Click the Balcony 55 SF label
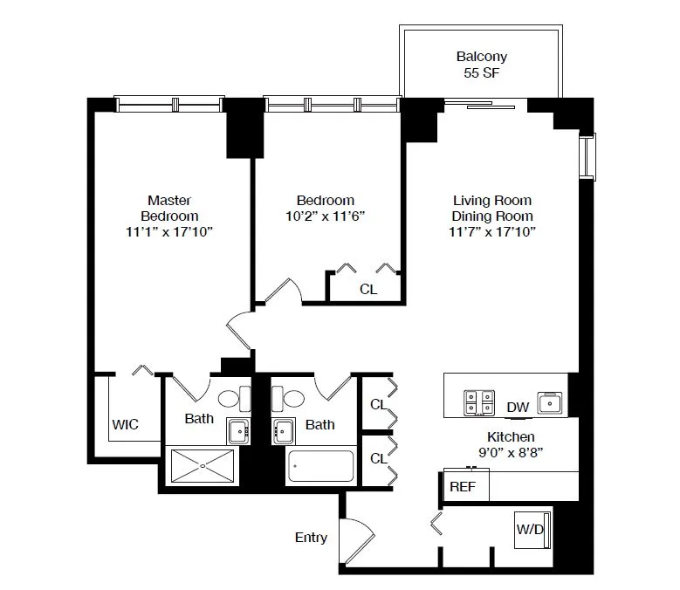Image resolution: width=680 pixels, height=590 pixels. coord(481,65)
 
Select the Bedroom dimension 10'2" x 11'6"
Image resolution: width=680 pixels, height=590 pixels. coord(325,216)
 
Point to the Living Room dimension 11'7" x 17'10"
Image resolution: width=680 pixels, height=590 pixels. coord(491,232)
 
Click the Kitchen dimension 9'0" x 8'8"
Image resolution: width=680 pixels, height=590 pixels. coord(511,453)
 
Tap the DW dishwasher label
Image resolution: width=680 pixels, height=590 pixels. coord(518,407)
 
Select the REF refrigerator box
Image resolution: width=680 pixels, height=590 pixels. coord(463,486)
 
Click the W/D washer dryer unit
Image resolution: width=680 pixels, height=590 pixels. coord(532,529)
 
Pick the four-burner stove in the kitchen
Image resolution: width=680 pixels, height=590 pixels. coord(477,401)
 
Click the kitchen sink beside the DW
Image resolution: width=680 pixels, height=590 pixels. coord(551,402)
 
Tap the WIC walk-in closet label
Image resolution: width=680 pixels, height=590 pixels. coord(125,424)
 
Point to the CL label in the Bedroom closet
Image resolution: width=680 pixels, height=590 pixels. coord(368,289)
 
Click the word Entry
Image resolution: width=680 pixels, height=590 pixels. coord(311,538)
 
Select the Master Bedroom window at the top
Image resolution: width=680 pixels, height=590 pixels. coord(172,105)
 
